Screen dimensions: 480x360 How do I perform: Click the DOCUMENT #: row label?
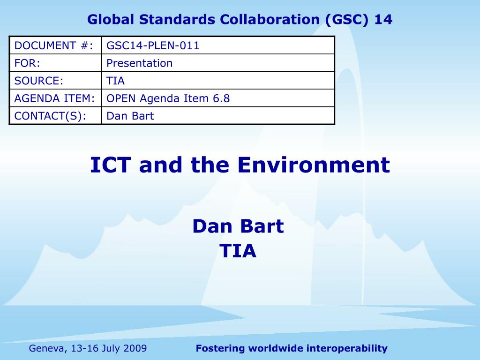click(x=53, y=45)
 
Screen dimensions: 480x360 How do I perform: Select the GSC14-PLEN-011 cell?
click(x=153, y=45)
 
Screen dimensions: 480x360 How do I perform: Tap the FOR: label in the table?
click(x=27, y=63)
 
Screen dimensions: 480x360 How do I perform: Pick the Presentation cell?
click(x=139, y=63)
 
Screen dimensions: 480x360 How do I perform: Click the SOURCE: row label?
click(x=38, y=81)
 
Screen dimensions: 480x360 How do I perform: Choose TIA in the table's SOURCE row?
click(x=115, y=81)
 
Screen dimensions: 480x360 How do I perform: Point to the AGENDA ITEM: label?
click(x=54, y=98)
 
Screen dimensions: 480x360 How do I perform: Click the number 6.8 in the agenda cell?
click(x=221, y=98)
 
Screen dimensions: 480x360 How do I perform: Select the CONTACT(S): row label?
click(x=50, y=116)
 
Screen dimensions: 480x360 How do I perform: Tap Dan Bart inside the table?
click(x=130, y=116)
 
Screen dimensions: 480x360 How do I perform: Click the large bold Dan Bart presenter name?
click(x=238, y=226)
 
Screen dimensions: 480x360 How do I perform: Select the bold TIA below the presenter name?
click(x=238, y=251)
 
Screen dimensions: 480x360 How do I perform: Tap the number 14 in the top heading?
click(x=383, y=20)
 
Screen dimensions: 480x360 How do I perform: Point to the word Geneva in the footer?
click(x=48, y=348)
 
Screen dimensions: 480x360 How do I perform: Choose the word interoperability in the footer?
click(x=347, y=348)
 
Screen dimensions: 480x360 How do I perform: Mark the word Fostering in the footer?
click(x=220, y=348)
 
